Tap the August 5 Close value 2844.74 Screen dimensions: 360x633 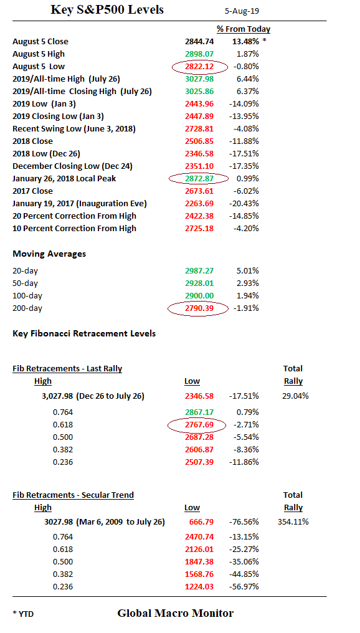pyautogui.click(x=199, y=42)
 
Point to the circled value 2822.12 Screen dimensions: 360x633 pyautogui.click(x=199, y=67)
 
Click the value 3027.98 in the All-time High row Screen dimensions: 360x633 pyautogui.click(x=199, y=79)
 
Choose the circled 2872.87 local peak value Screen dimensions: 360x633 pyautogui.click(x=199, y=179)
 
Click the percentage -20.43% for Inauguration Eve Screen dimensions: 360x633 pyautogui.click(x=245, y=204)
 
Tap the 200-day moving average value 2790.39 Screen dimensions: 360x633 pyautogui.click(x=199, y=308)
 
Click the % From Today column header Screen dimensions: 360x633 pyautogui.click(x=244, y=29)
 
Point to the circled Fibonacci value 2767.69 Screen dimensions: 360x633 pyautogui.click(x=199, y=425)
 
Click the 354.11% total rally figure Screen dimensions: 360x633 pyautogui.click(x=293, y=522)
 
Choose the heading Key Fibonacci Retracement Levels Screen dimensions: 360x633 pyautogui.click(x=84, y=334)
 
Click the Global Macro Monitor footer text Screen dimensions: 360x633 pyautogui.click(x=175, y=614)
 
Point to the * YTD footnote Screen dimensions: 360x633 pyautogui.click(x=23, y=614)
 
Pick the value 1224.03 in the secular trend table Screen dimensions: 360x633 pyautogui.click(x=199, y=586)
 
